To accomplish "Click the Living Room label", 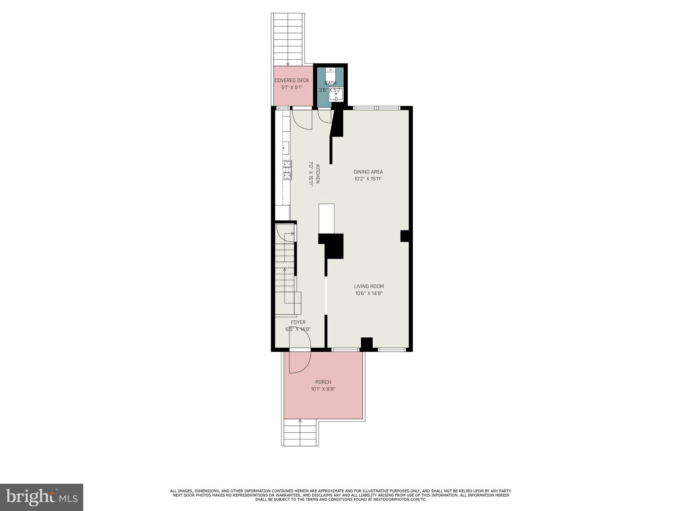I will pos(369,286).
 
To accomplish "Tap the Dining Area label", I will pos(368,172).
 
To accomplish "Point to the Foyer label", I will pos(298,322).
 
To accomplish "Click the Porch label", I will pos(323,382).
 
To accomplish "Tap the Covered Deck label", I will pos(292,81).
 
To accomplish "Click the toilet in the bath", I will pos(330,74).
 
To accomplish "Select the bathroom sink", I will pos(336,94).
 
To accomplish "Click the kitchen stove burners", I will pos(287,170).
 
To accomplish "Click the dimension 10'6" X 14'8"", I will pos(369,293).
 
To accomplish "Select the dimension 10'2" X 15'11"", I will pos(368,179).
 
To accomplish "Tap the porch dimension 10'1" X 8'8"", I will pos(323,389).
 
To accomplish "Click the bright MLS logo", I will pos(42,497).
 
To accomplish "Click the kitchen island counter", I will pos(326,219).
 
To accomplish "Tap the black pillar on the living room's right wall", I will pos(404,236).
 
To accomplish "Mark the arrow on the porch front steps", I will pos(300,421).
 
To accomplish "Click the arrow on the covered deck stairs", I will pos(288,64).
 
